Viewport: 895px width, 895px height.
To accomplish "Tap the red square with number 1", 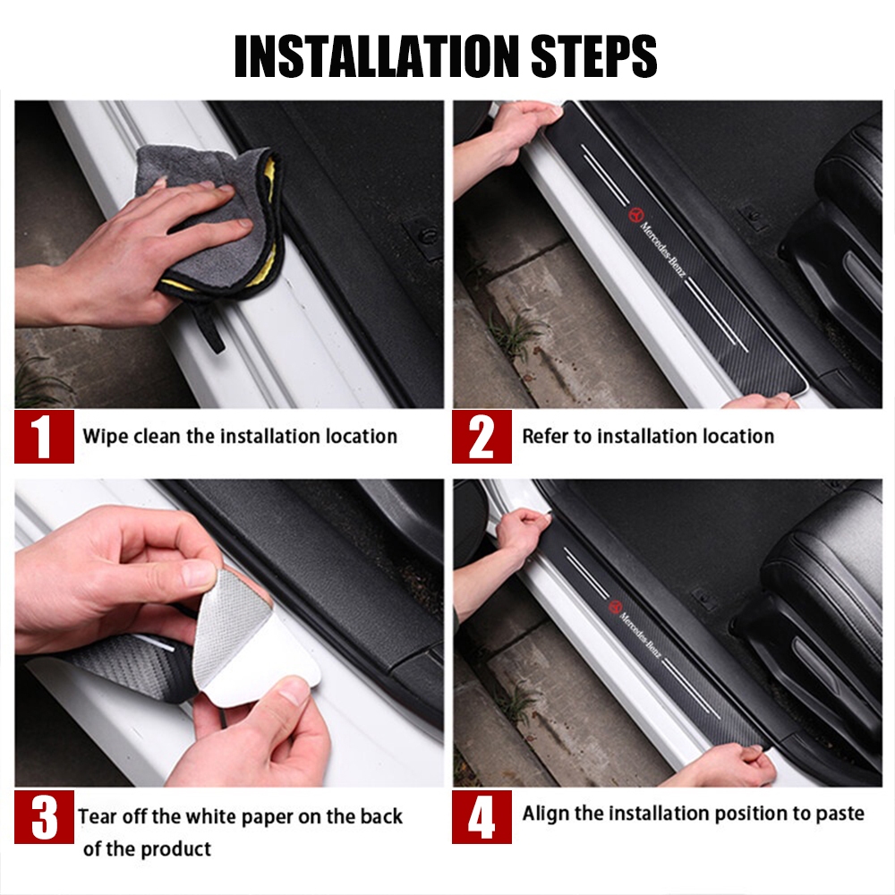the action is pyautogui.click(x=44, y=437).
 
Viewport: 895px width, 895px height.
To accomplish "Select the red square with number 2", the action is pyautogui.click(x=482, y=437).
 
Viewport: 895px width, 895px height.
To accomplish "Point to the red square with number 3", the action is pyautogui.click(x=44, y=817).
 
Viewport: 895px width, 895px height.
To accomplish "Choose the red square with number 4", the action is pyautogui.click(x=482, y=817).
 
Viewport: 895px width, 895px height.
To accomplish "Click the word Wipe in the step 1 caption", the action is pyautogui.click(x=106, y=438).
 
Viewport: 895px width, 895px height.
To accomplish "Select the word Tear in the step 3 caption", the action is pyautogui.click(x=98, y=816).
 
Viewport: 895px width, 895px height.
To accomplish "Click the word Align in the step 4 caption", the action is pyautogui.click(x=546, y=814).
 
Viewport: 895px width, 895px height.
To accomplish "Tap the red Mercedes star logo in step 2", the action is pyautogui.click(x=635, y=215).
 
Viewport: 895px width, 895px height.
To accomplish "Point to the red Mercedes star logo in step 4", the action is pyautogui.click(x=615, y=606).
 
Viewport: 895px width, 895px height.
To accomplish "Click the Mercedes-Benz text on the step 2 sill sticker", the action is pyautogui.click(x=662, y=250).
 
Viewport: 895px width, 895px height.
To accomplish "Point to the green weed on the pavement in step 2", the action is pyautogui.click(x=516, y=334).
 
